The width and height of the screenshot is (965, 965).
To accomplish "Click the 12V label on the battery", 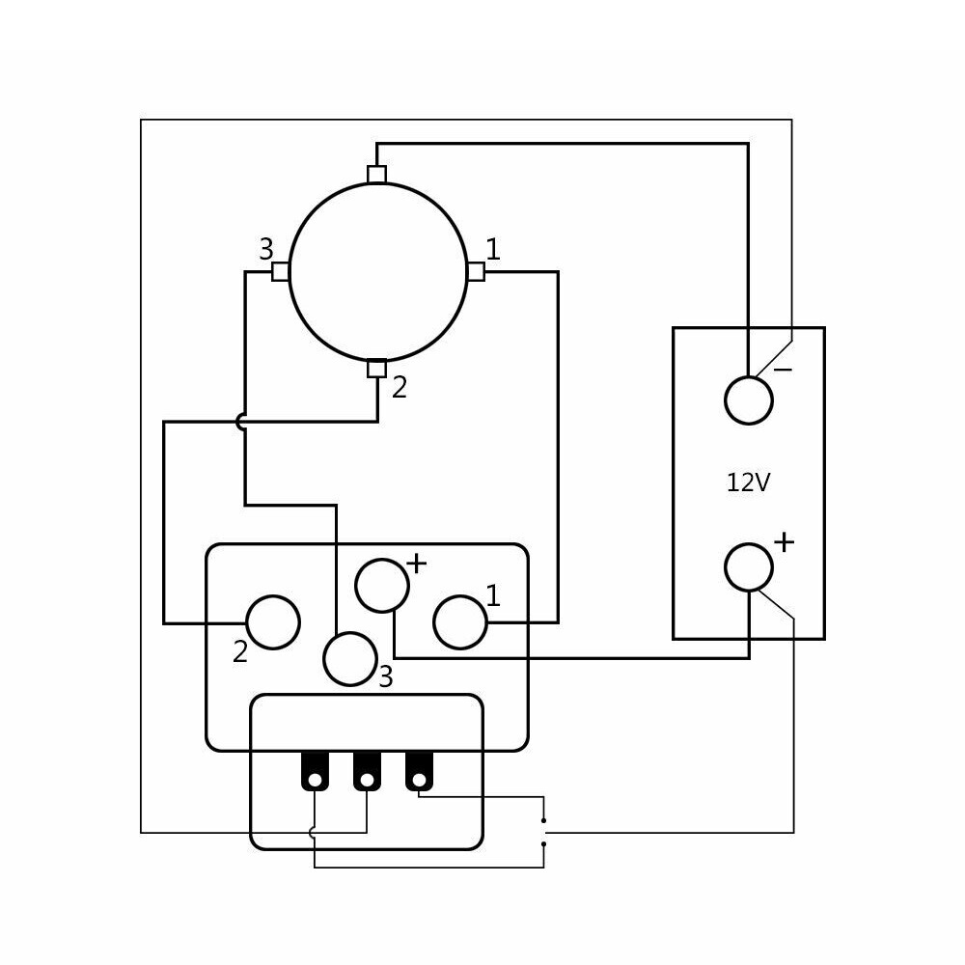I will point(748,482).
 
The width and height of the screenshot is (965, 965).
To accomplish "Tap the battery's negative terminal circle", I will point(748,400).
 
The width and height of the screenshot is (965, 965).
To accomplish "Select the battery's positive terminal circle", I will point(748,567).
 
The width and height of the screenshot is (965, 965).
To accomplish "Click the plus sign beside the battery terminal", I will point(784,542).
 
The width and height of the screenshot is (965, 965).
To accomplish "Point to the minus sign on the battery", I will point(783,370).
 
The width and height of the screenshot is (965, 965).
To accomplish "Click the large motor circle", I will point(377,271).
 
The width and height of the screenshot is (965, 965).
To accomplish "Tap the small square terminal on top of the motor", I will point(377,175).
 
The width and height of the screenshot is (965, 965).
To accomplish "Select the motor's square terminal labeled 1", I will point(475,271).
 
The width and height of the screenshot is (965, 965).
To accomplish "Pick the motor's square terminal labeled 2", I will point(377,368).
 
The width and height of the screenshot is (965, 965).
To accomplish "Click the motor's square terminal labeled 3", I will point(280,271).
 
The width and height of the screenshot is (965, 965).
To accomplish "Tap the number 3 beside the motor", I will point(265,250).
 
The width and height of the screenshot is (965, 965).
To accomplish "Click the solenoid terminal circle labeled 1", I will point(459,622).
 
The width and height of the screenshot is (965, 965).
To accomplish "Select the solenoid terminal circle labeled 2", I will point(273,622).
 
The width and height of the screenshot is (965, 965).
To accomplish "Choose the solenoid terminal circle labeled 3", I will point(349,659).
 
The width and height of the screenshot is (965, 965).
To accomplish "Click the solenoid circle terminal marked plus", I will point(382,586).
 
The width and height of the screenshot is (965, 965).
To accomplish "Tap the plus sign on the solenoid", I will point(416,564).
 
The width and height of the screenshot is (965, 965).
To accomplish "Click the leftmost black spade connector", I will point(315,771).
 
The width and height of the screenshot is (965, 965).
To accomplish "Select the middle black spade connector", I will point(367,771).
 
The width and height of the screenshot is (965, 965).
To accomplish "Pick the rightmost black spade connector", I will point(419,771).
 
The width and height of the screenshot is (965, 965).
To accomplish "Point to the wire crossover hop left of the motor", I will point(241,422).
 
